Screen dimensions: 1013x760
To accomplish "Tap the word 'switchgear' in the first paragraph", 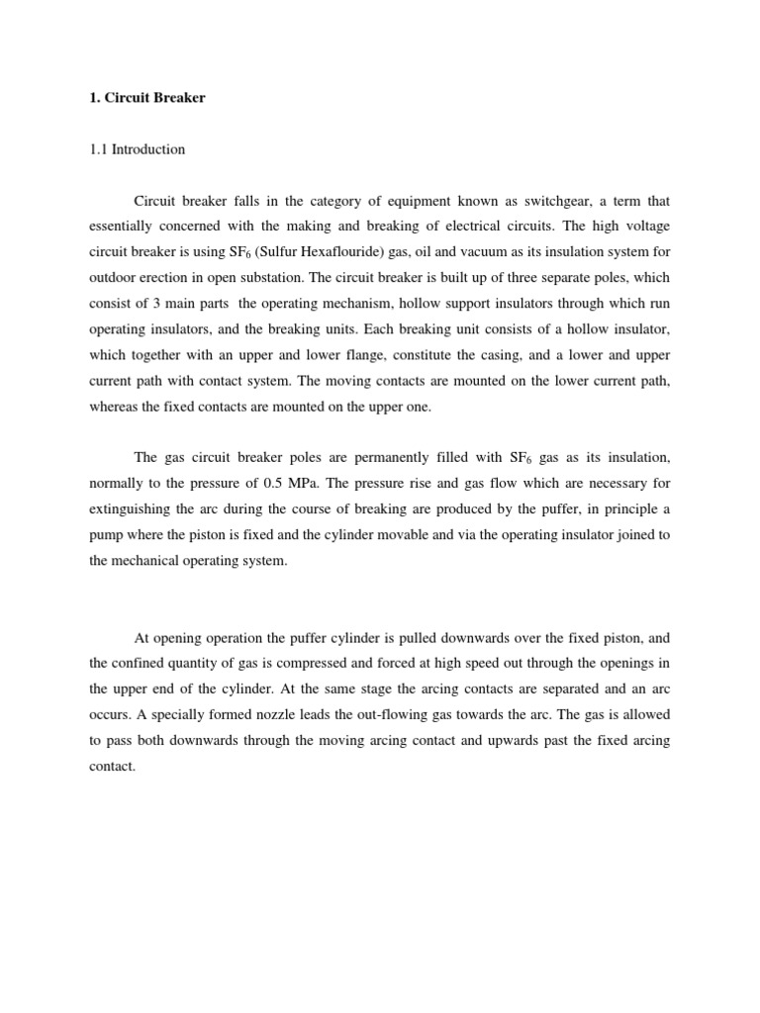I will pyautogui.click(x=544, y=201).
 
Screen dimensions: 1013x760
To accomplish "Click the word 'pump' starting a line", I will pyautogui.click(x=106, y=535).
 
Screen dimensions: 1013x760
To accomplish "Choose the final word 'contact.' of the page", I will pyautogui.click(x=111, y=767).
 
